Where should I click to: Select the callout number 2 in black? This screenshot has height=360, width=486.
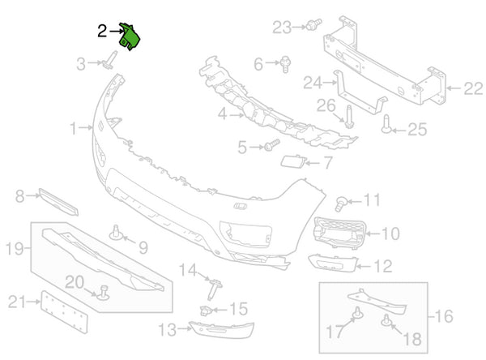pos(102,32)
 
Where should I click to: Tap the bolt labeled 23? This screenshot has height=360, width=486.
pos(313,24)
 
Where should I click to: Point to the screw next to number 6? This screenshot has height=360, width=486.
pos(285,64)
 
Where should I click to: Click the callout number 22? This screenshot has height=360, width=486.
pos(473,88)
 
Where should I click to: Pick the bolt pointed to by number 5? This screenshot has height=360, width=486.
pos(271,145)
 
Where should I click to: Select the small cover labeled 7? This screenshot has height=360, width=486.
pos(293,161)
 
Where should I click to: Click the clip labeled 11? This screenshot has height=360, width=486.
pos(341,204)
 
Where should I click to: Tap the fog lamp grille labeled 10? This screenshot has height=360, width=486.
pos(339,232)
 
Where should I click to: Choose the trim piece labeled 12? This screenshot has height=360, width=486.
pos(333,263)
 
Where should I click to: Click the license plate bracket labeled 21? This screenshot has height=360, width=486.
pos(64,311)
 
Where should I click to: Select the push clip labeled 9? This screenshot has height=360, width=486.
pos(117,233)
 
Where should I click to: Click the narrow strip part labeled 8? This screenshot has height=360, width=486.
pos(58,202)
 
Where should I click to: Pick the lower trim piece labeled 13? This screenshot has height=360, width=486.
pos(221,329)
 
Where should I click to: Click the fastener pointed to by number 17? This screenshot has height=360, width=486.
pos(357,314)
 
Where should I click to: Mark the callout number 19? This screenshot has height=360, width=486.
pos(15,248)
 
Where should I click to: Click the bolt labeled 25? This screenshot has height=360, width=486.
pos(386,124)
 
